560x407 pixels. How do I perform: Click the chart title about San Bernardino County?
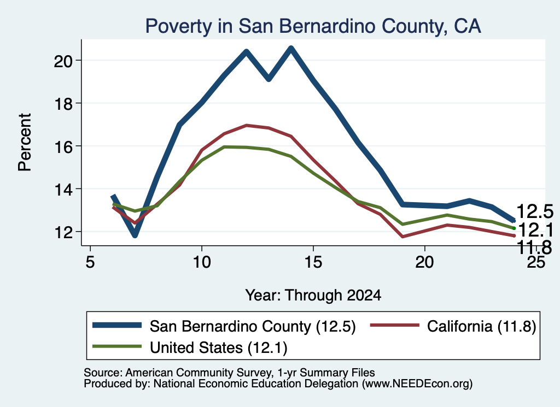[313, 26]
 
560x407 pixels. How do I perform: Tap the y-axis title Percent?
[25, 143]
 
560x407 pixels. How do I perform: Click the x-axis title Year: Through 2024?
[313, 296]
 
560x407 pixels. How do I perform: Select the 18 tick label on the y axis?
[63, 104]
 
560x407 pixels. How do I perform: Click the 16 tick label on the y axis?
[63, 146]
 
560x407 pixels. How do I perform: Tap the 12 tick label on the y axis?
[63, 232]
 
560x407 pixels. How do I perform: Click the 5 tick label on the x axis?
[90, 262]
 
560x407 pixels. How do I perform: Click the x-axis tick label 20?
[424, 262]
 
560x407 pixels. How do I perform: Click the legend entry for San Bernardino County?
[224, 326]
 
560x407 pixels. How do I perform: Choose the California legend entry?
[453, 326]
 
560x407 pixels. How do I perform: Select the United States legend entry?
[190, 347]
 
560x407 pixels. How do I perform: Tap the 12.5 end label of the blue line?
[535, 211]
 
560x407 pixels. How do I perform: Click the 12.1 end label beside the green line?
[535, 230]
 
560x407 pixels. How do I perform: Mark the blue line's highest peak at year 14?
[291, 49]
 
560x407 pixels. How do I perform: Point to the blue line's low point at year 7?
[135, 235]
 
